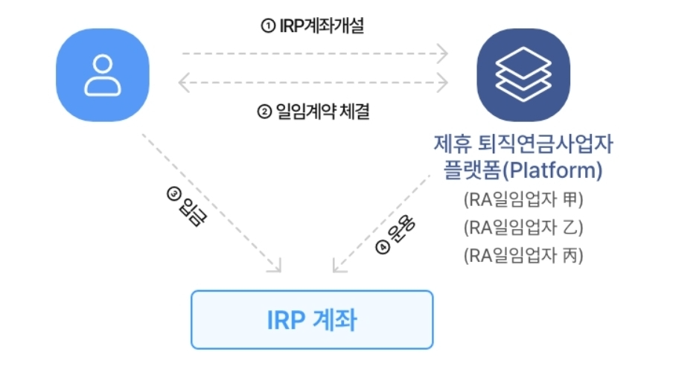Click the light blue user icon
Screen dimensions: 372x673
coord(102,74)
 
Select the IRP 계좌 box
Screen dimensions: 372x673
coord(312,320)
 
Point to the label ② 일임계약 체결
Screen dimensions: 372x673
coord(313,113)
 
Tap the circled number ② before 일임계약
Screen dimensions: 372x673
coord(264,113)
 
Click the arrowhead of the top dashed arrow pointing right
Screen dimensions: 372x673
coord(444,54)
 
